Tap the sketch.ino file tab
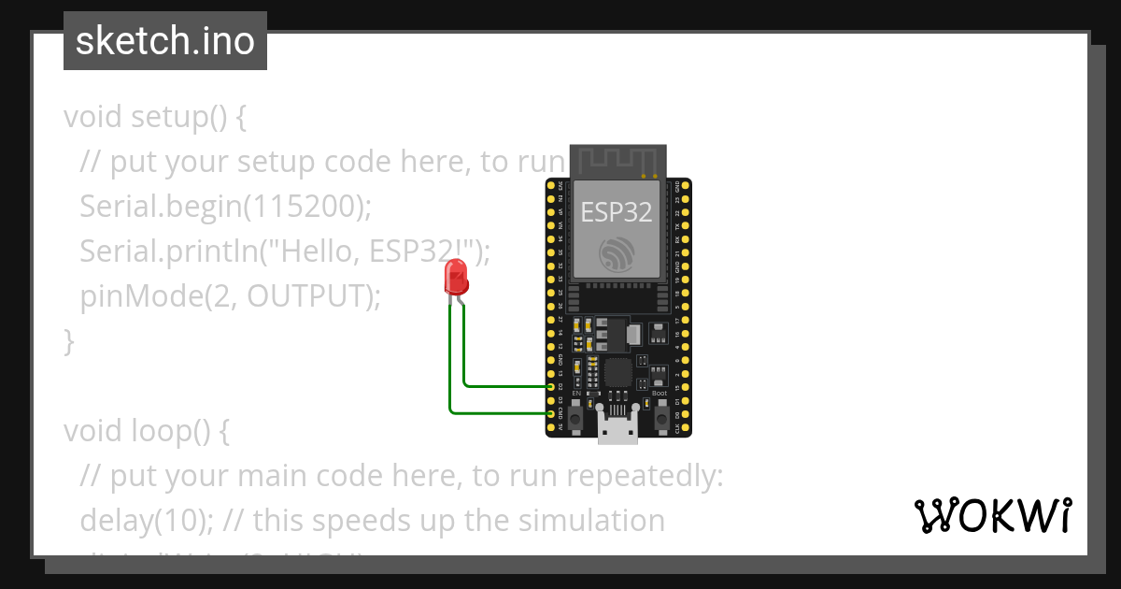click(x=165, y=42)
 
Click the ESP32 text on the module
click(x=617, y=211)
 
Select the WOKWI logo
click(x=992, y=515)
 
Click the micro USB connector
click(x=618, y=431)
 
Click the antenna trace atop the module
click(x=617, y=160)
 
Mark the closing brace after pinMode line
click(x=68, y=341)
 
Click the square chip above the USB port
click(x=617, y=372)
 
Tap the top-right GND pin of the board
click(x=688, y=187)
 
